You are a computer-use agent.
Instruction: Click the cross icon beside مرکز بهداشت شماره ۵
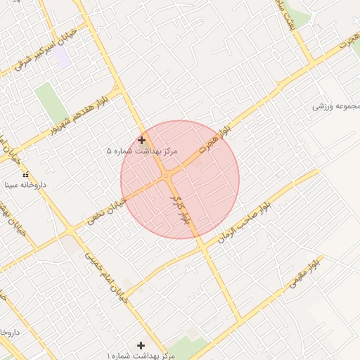pos(142,140)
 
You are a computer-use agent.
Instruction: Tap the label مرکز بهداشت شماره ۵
pos(142,151)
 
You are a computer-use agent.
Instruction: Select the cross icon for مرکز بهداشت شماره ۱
pos(141,345)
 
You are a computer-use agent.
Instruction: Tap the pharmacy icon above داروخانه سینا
pos(26,174)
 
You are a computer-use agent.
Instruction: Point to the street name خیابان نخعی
pos(108,210)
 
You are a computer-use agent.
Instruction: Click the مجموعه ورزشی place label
pos(337,106)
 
